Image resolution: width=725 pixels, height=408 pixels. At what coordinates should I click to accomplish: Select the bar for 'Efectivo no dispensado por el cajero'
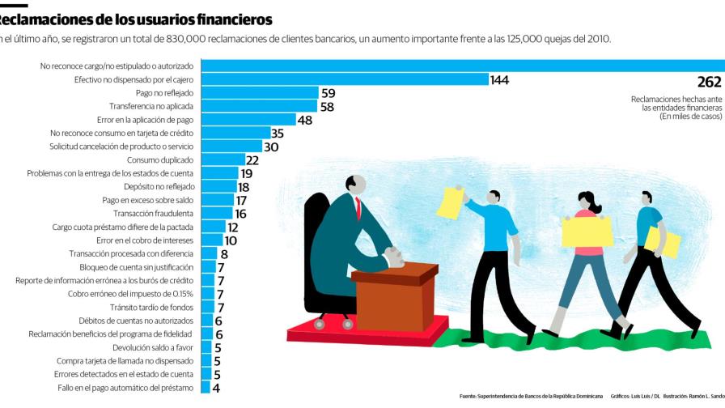344,79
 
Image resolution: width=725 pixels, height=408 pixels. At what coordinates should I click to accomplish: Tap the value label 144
499,79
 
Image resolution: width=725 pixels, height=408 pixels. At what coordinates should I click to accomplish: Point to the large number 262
708,82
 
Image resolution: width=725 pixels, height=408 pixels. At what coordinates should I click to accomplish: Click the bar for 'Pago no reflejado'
259,93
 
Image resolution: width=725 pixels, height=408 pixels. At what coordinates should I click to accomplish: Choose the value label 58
327,106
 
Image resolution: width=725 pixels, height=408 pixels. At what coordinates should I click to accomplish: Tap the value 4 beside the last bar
215,388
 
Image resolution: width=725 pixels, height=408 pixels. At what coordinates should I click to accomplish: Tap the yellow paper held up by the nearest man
449,202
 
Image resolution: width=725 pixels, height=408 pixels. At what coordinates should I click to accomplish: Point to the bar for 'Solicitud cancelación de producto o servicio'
231,147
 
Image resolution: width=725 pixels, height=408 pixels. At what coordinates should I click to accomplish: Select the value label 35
277,133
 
